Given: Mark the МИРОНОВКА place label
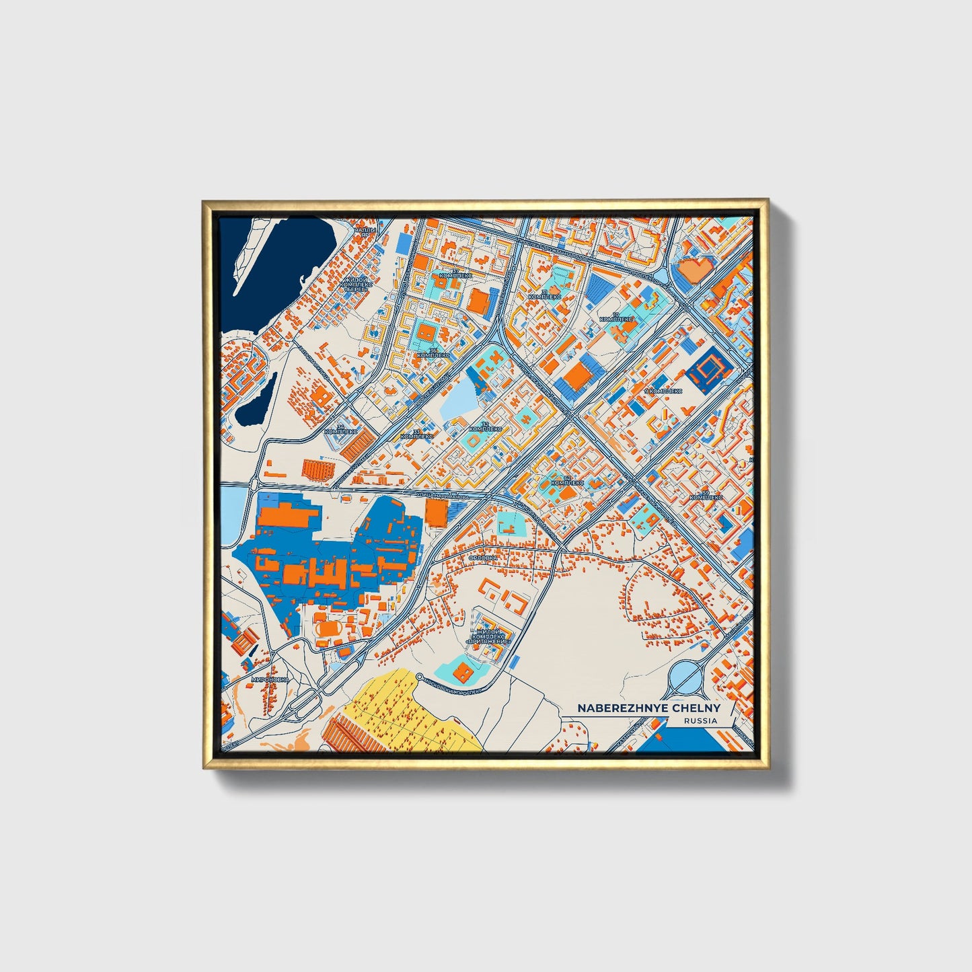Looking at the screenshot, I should coord(269,680).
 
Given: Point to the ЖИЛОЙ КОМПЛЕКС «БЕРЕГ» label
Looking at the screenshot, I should coord(357,285).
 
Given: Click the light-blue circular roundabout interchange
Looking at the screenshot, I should coord(685,674).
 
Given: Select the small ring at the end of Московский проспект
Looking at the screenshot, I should coord(419,677).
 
